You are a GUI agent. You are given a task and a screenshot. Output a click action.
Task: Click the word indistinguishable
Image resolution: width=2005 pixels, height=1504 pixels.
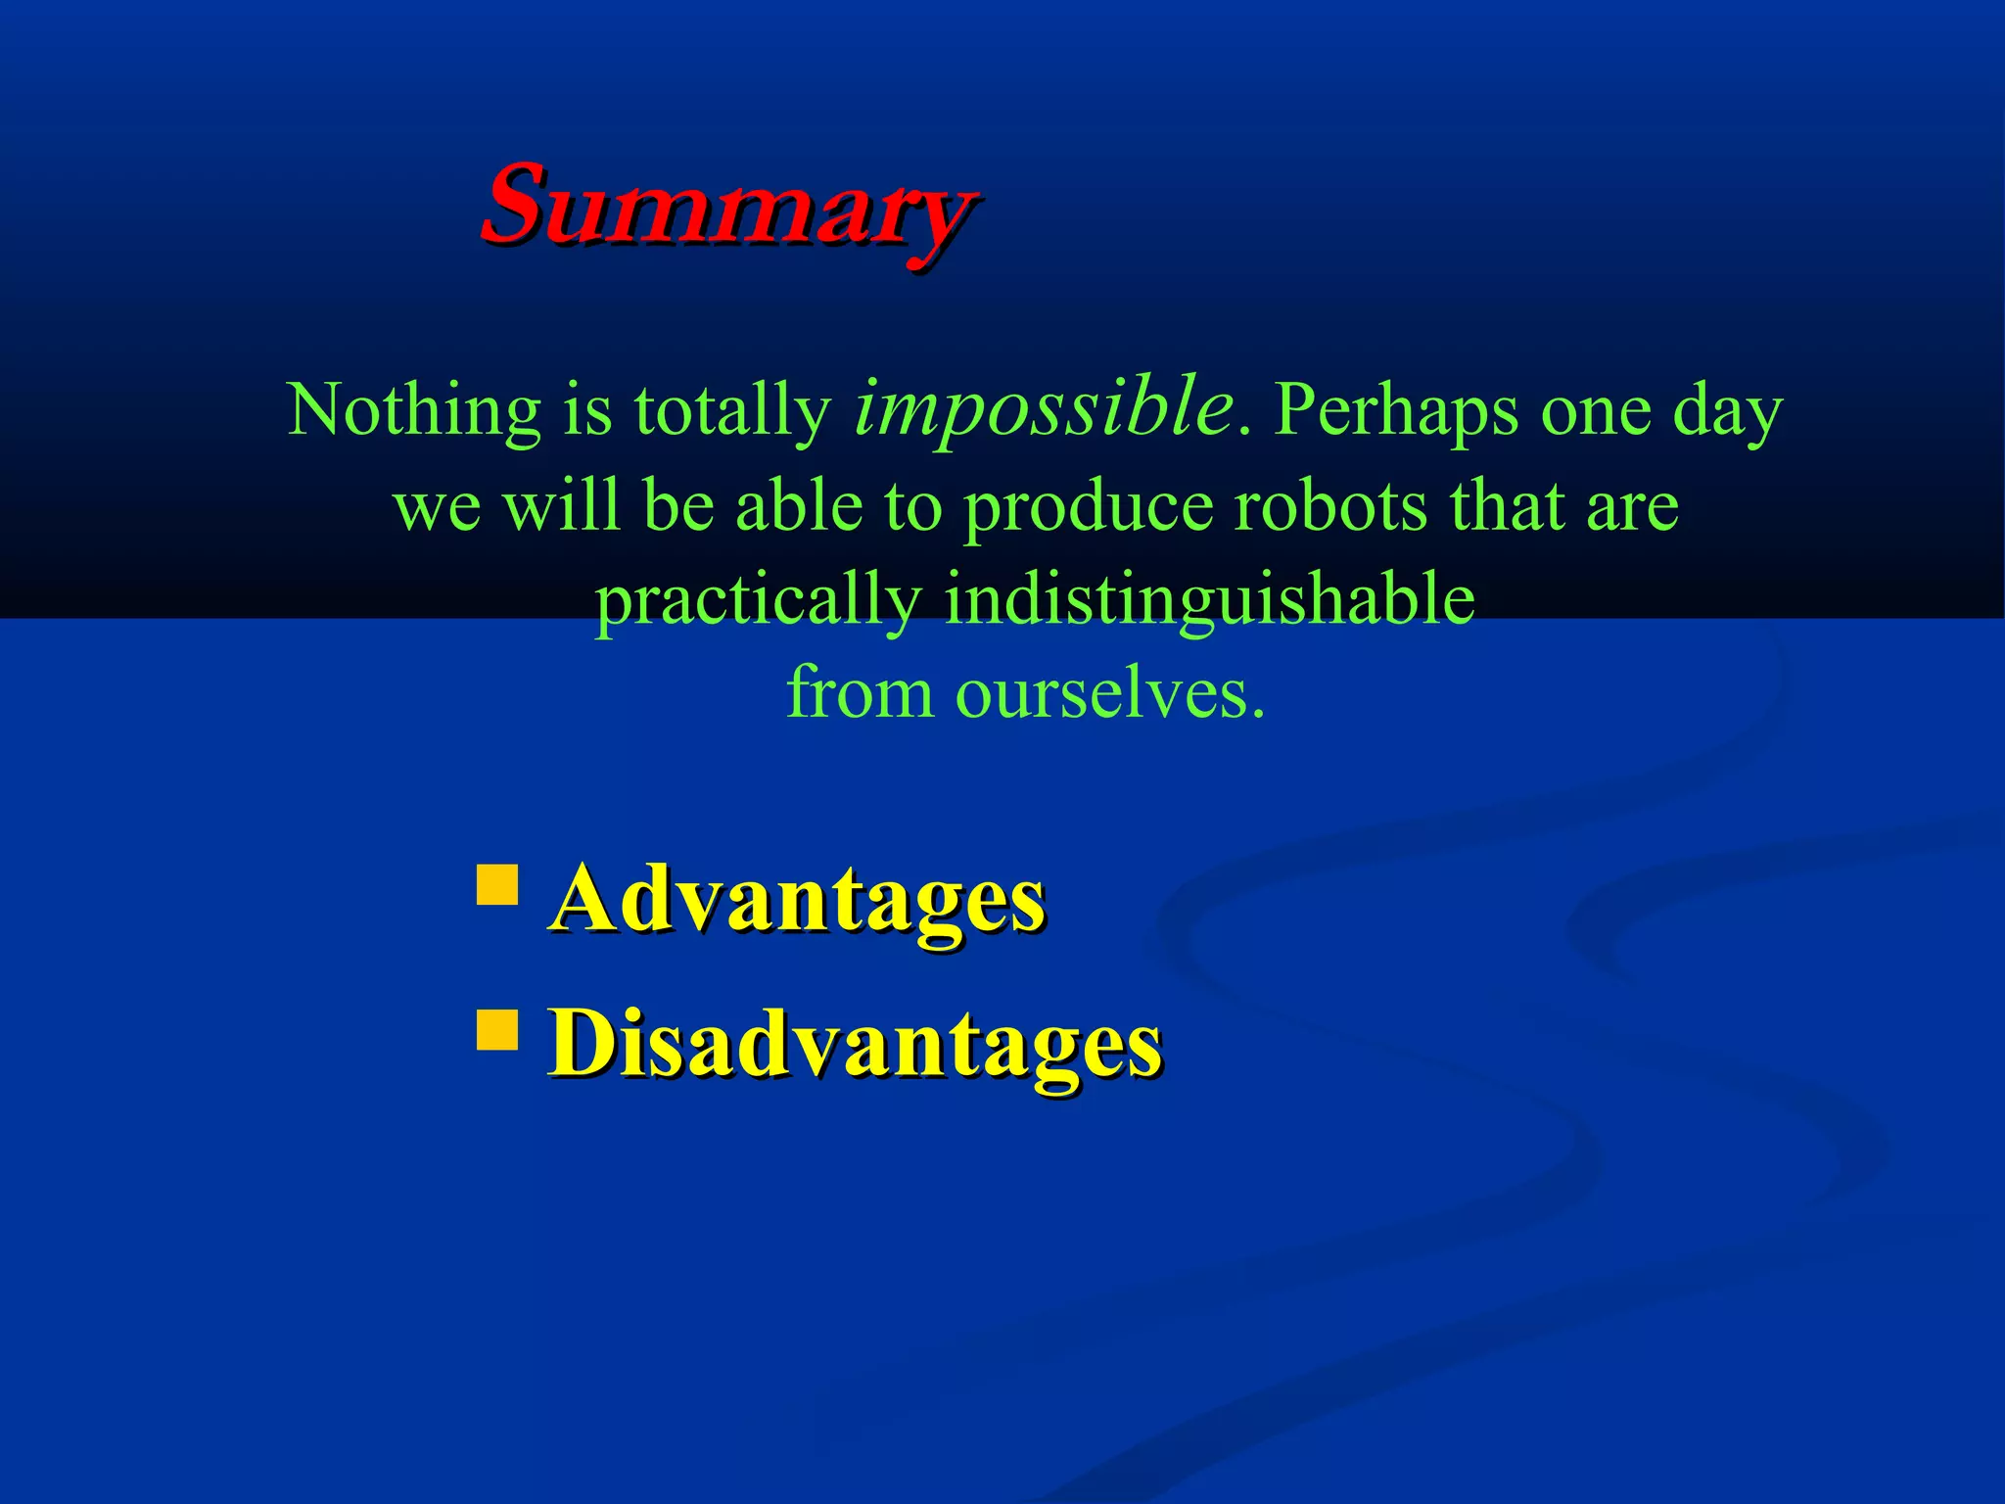tap(1208, 599)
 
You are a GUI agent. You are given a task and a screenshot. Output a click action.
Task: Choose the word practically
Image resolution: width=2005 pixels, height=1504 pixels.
tap(759, 601)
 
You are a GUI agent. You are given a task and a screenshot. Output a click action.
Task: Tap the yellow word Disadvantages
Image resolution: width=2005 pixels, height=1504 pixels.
tap(855, 1045)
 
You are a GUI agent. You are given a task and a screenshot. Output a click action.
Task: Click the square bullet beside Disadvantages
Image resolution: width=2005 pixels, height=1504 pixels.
tap(497, 1029)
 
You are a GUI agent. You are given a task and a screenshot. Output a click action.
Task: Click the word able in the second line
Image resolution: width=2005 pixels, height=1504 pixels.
tap(798, 506)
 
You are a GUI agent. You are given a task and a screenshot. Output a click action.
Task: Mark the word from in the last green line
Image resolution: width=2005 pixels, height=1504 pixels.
tap(860, 692)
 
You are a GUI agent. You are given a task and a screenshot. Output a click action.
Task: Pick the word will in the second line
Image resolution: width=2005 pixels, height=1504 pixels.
tap(561, 506)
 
